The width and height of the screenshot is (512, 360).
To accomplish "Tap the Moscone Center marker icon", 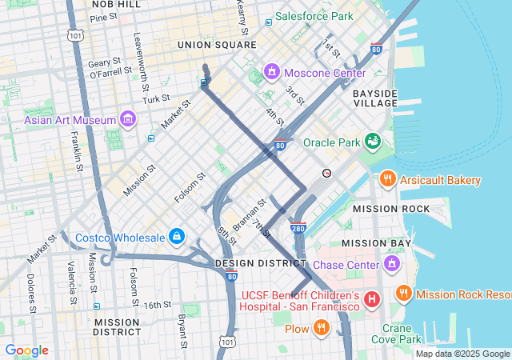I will coord(272,73).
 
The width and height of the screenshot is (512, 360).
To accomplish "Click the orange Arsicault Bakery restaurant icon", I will coord(388,179).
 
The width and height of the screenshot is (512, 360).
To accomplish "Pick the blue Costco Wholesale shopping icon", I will coord(177,238).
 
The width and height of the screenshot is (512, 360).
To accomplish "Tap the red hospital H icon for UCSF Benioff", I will coord(371,300).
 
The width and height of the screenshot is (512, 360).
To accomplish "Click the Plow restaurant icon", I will coord(321,327).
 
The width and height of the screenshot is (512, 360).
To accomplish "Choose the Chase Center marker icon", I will coord(392,264).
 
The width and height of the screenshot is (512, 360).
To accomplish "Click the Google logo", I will coord(27,350).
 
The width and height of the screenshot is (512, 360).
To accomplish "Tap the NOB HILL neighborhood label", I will coord(117,5).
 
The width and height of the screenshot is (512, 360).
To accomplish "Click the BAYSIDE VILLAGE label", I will coord(375,98).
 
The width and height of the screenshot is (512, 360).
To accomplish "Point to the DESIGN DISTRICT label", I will coord(251,262).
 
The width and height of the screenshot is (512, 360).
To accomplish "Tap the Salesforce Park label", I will coord(314,16).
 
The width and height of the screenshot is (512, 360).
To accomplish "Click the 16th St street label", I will coord(158,305).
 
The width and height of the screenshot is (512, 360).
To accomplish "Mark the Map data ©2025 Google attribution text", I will coord(462,354).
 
